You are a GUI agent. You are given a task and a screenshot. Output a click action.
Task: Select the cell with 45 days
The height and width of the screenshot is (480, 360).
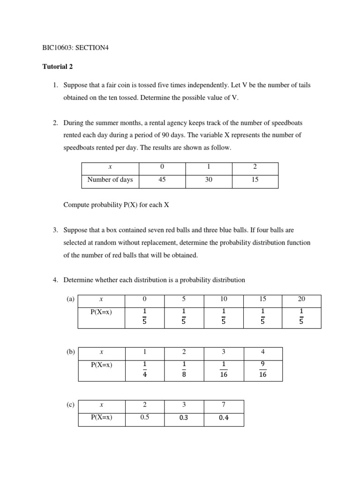(x=162, y=180)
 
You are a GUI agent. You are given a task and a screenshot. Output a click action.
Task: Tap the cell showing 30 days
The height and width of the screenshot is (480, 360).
(x=209, y=180)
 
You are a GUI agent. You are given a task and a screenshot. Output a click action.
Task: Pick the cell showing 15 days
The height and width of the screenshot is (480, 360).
(x=255, y=180)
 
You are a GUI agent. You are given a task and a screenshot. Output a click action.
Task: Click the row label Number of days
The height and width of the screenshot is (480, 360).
(x=110, y=180)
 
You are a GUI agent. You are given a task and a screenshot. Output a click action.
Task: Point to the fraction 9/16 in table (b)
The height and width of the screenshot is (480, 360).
(x=262, y=370)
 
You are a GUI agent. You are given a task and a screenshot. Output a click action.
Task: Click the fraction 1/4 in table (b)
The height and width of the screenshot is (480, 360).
(x=144, y=370)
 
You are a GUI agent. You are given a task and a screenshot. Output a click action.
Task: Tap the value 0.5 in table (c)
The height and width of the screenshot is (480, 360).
(x=144, y=418)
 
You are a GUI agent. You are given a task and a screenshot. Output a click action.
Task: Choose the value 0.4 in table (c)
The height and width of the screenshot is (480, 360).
(x=224, y=418)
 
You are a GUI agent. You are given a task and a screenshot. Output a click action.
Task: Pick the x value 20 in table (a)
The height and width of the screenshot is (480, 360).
(x=301, y=299)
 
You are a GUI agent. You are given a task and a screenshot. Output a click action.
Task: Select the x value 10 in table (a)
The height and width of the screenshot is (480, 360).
(x=223, y=299)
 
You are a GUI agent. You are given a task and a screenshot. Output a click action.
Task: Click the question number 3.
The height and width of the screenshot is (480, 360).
(x=55, y=230)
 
